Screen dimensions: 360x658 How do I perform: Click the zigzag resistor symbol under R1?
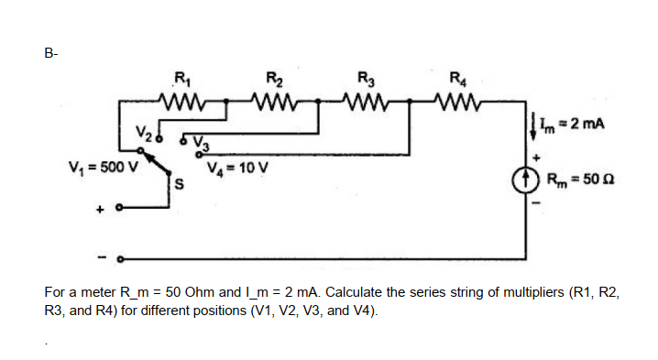[185, 98]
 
